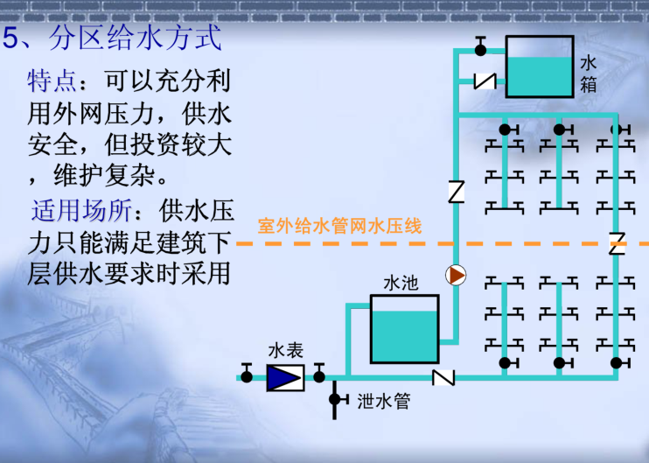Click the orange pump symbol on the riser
[x=456, y=276]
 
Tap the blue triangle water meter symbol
[x=286, y=378]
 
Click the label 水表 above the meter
[x=286, y=350]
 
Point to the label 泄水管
[x=384, y=401]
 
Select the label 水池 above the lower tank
[x=401, y=284]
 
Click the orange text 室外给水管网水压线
[x=339, y=226]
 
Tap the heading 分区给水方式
[x=136, y=39]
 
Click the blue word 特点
[x=52, y=81]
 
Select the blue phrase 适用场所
[x=81, y=210]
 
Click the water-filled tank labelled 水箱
[x=540, y=67]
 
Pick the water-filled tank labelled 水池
[x=404, y=329]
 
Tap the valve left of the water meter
[x=247, y=374]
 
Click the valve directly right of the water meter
[x=319, y=374]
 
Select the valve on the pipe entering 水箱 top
[x=480, y=46]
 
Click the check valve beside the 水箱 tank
[x=485, y=81]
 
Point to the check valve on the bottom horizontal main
[x=443, y=377]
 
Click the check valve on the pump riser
[x=456, y=192]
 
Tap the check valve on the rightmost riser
[x=617, y=243]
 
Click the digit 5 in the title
[x=10, y=39]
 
